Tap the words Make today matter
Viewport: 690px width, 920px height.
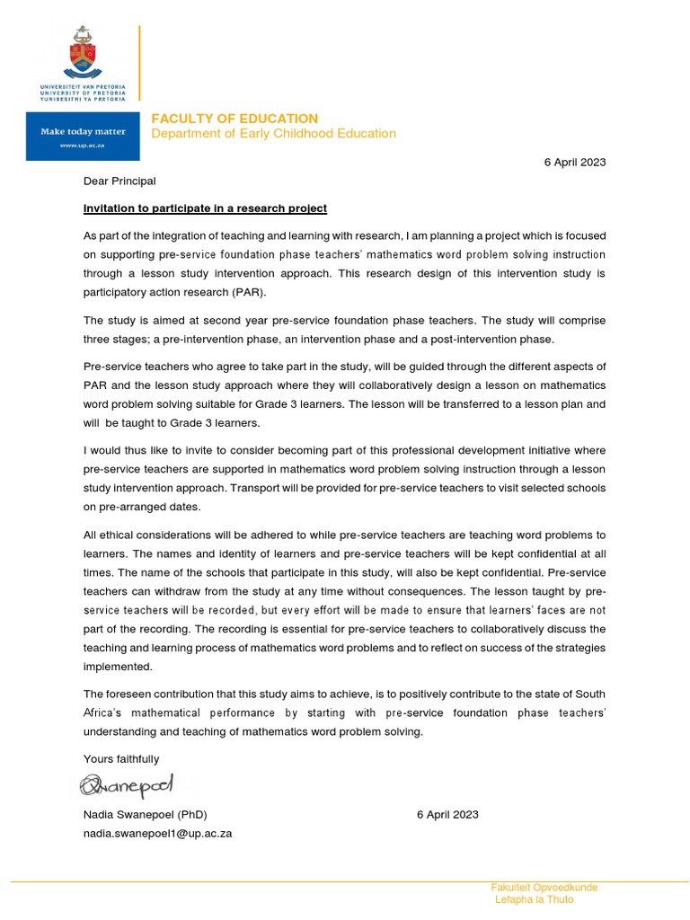coord(82,131)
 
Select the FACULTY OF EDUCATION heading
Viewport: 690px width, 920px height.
coord(234,119)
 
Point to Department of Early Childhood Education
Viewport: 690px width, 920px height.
coord(272,134)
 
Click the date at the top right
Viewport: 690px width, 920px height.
coord(575,163)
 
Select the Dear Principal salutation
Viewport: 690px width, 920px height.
coord(119,181)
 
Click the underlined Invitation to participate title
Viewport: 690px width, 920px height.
coord(205,208)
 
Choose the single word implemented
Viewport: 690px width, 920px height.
coord(119,668)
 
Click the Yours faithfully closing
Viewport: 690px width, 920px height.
coord(121,759)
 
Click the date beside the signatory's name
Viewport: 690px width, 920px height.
coord(447,815)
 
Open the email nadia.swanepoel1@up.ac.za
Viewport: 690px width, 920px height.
coord(158,833)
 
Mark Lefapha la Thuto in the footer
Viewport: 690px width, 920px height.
coord(534,900)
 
